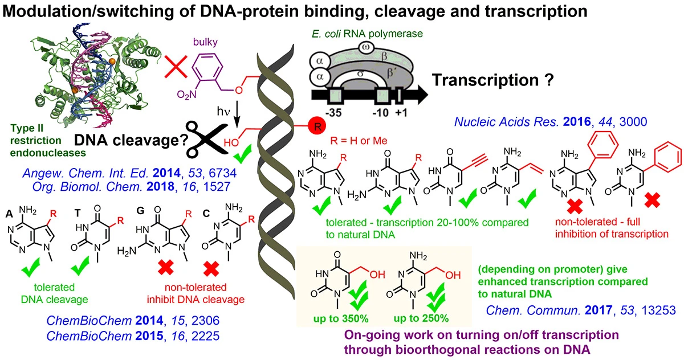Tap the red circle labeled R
click(x=317, y=126)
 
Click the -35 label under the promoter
click(x=333, y=113)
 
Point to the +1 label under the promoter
click(x=401, y=113)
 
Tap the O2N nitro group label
click(x=186, y=96)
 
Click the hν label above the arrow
click(x=223, y=112)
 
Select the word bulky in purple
click(x=205, y=42)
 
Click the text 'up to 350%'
click(x=341, y=319)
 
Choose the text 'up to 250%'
click(x=421, y=319)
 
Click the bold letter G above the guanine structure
click(x=140, y=211)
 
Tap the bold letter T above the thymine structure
click(x=78, y=212)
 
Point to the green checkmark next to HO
click(x=243, y=154)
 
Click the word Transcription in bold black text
click(x=485, y=80)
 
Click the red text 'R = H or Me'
click(x=359, y=141)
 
